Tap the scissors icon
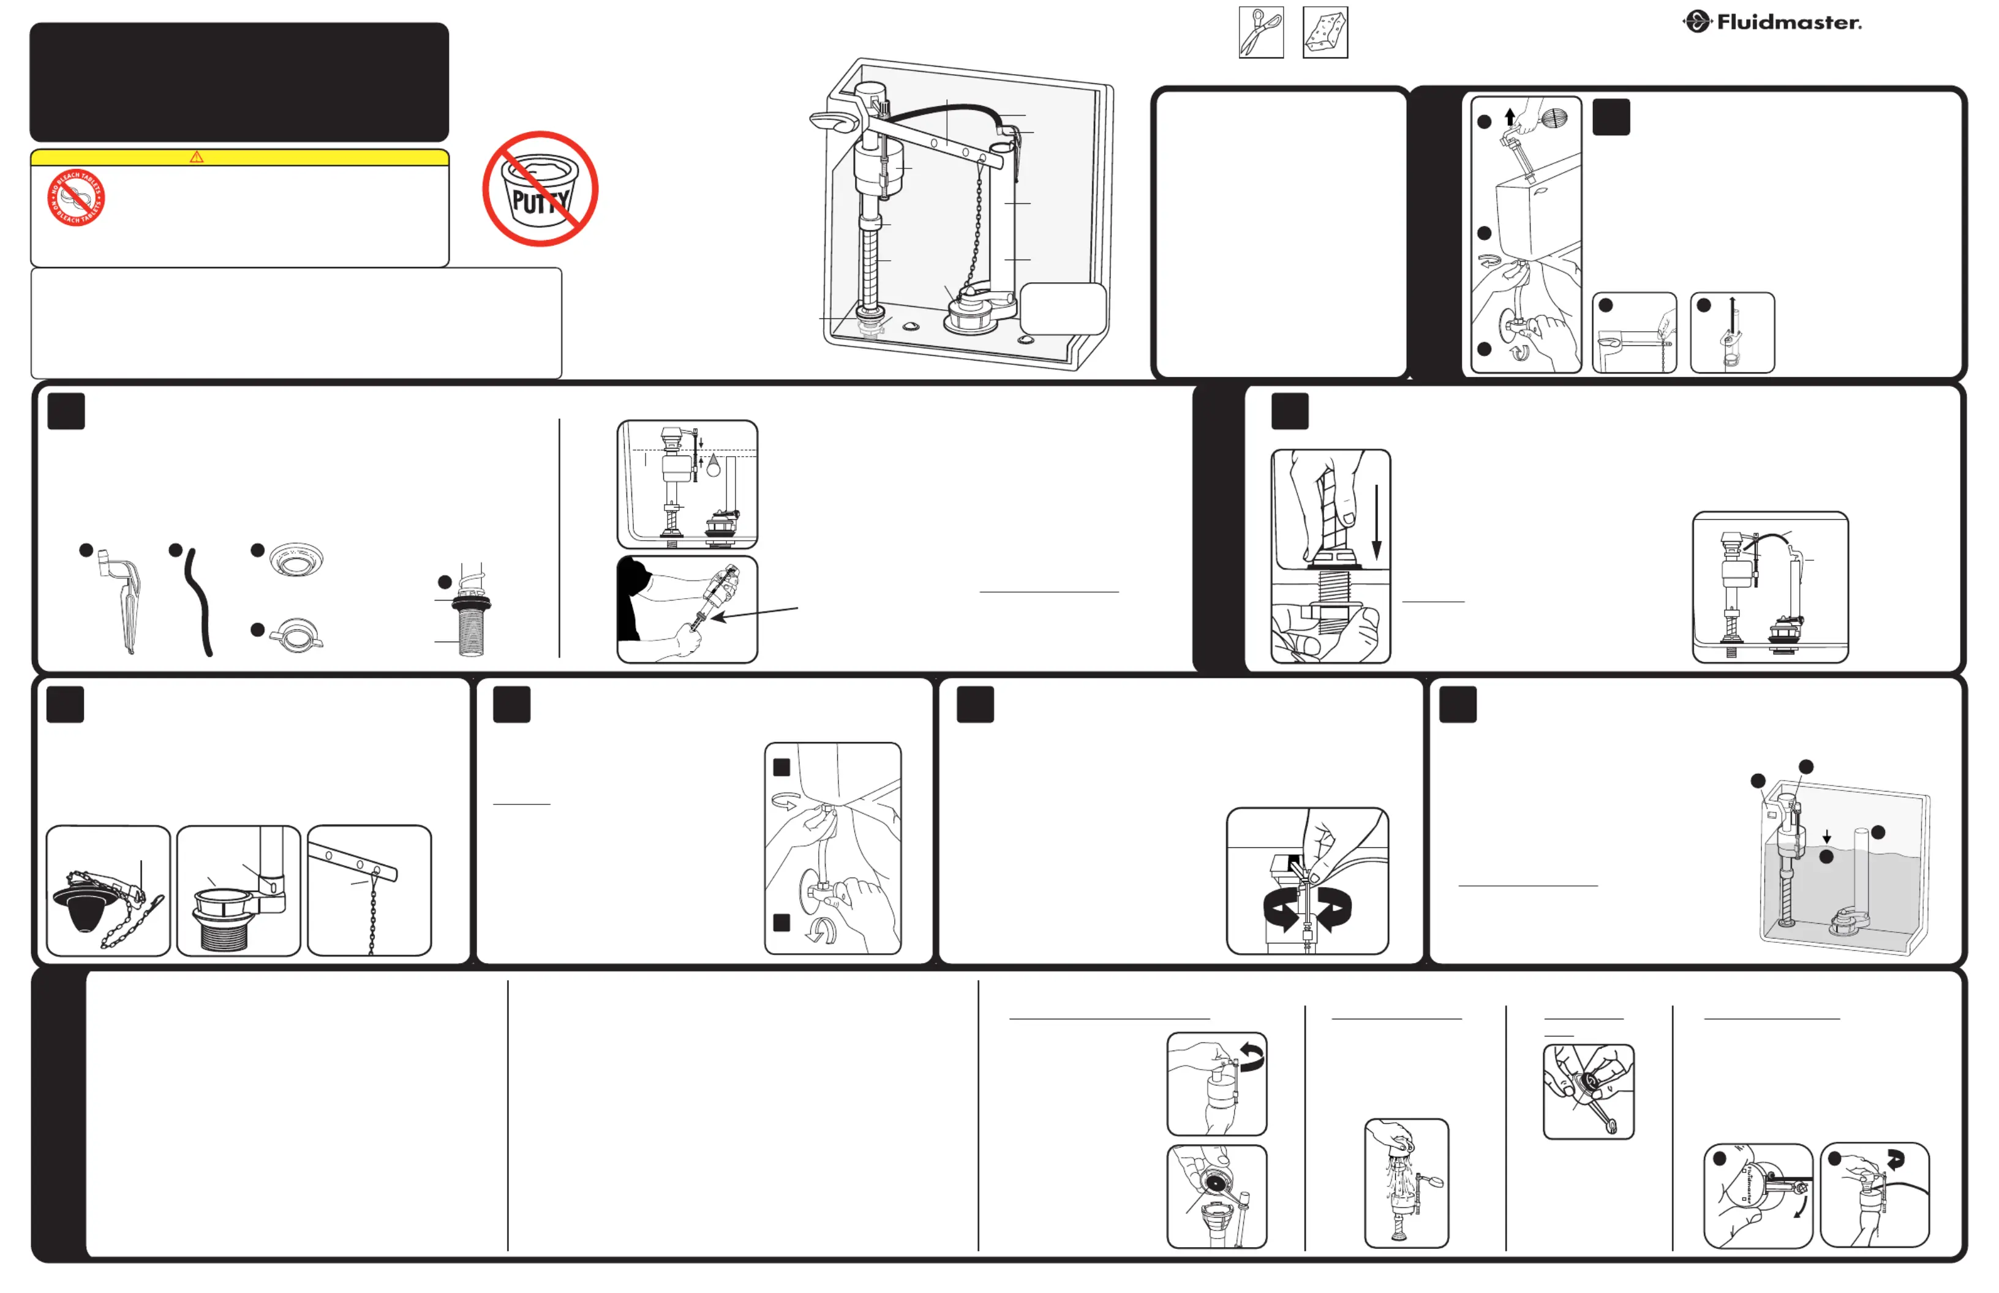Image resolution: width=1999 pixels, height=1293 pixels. tap(1261, 32)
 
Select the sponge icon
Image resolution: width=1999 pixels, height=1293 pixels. tap(1325, 32)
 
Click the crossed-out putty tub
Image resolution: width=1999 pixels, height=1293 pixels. tap(540, 189)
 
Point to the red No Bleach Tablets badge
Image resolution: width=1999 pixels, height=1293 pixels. tap(75, 198)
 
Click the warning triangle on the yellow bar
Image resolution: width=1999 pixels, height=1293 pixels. tap(197, 157)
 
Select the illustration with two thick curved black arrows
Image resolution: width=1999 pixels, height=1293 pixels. tap(1307, 882)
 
